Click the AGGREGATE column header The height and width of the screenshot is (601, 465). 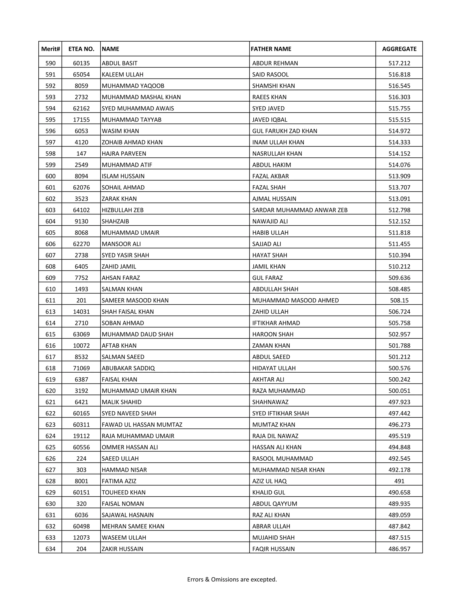click(399, 49)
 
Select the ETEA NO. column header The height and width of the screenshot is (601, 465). click(81, 49)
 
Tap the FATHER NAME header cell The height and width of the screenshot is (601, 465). click(271, 49)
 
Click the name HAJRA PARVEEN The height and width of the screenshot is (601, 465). click(124, 154)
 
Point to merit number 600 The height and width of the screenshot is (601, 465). click(50, 176)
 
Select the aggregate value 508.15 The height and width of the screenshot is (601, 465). click(399, 300)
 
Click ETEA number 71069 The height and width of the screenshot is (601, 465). click(81, 368)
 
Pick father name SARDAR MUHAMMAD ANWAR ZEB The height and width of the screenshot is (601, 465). click(300, 210)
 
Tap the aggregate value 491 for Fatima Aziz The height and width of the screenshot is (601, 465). click(399, 481)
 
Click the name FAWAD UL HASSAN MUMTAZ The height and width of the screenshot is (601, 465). click(142, 425)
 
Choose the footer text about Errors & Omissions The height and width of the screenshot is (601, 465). click(232, 579)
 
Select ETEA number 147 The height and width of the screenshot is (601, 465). click(81, 154)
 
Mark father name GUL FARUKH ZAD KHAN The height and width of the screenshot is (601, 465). click(284, 131)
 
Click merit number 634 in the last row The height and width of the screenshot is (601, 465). click(50, 549)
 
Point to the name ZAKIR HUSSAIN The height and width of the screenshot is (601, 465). click(122, 549)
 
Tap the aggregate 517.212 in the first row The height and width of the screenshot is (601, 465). click(399, 63)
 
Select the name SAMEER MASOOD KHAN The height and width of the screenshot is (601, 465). click(135, 300)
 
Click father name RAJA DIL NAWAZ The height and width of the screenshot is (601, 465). click(275, 436)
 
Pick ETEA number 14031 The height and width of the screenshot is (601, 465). click(81, 312)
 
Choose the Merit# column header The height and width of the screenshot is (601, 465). click(50, 49)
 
